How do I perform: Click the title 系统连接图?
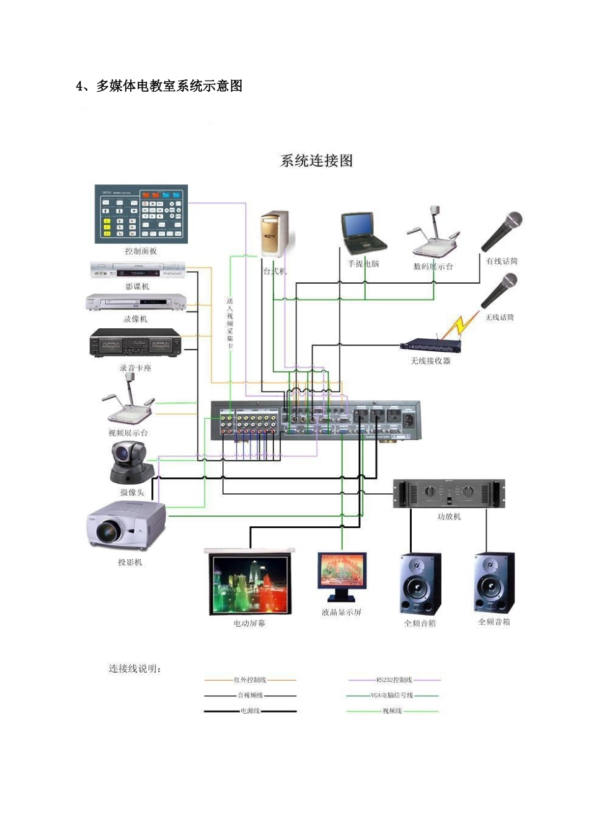[316, 161]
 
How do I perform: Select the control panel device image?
[141, 214]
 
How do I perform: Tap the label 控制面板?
[141, 251]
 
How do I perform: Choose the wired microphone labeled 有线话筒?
[503, 231]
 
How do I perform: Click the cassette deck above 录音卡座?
[136, 343]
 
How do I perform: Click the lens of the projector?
[108, 531]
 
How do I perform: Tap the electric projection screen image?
[250, 583]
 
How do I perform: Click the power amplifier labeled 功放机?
[449, 494]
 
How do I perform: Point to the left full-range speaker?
[420, 584]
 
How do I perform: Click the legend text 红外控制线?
[250, 680]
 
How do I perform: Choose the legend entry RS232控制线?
[394, 680]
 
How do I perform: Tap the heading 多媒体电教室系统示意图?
[169, 86]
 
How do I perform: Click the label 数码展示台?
[433, 266]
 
